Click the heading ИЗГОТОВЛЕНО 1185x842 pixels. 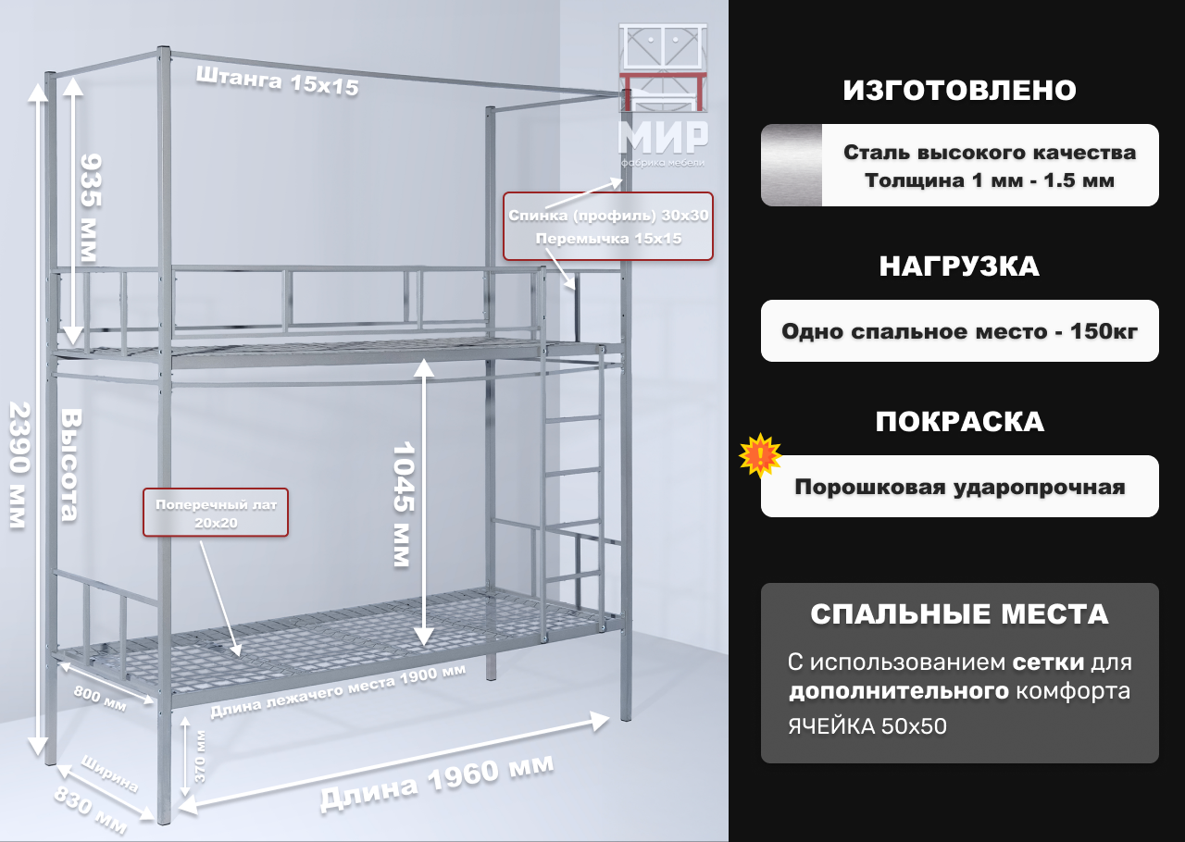[x=959, y=91]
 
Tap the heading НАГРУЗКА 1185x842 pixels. [x=959, y=266]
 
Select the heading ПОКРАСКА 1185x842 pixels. [x=959, y=422]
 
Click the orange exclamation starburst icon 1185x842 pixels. [x=761, y=455]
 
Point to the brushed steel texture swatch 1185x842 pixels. [x=792, y=165]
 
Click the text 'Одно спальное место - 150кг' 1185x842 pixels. [x=959, y=331]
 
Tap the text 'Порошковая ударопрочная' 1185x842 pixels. [x=959, y=487]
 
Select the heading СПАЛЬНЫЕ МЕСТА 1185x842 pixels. [x=959, y=614]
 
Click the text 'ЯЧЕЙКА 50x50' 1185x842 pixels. [x=867, y=726]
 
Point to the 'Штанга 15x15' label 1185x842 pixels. [x=277, y=83]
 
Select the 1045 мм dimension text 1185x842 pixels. [x=401, y=504]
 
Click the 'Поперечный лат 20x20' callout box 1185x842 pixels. [x=215, y=513]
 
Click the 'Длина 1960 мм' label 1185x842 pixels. [x=437, y=783]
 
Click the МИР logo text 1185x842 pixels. [x=663, y=136]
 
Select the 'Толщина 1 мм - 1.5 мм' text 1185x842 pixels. [x=989, y=180]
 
